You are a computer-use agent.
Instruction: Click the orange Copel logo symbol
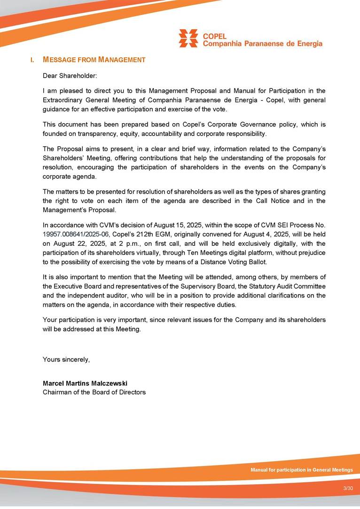[188, 38]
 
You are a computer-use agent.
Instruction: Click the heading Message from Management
[94, 60]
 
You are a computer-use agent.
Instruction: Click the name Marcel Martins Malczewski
[85, 384]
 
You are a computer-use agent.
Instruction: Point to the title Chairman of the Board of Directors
[94, 392]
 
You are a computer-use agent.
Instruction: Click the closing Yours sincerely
[66, 360]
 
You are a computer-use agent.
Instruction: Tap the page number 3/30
[348, 489]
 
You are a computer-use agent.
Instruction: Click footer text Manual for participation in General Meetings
[301, 470]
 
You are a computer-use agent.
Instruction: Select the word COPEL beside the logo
[214, 36]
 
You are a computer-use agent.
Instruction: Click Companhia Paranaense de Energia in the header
[263, 44]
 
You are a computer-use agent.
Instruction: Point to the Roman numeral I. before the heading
[32, 60]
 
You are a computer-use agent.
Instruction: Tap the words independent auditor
[83, 295]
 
